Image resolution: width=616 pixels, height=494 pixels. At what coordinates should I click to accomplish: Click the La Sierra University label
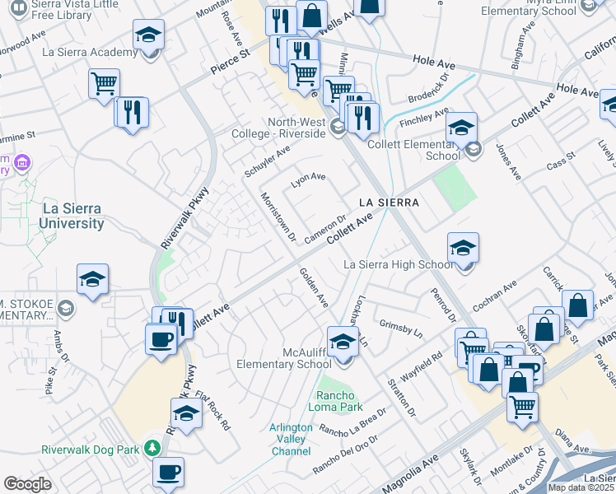coord(72,216)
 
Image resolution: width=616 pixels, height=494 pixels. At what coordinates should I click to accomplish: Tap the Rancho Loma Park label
coord(335,400)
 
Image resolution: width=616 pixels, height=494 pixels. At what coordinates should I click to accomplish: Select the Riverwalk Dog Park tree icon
coord(152,449)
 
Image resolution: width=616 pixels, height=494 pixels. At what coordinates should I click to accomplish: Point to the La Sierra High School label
coord(398,264)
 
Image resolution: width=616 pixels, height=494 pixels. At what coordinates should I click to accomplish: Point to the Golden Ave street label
coord(314,287)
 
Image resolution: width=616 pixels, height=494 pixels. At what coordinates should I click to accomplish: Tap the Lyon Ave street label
coord(310,176)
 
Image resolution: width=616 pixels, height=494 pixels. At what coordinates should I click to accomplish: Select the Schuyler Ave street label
coord(268,162)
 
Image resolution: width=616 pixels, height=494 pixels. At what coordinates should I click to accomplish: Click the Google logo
coord(27,484)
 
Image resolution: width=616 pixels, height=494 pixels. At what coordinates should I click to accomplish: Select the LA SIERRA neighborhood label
coord(389,203)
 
